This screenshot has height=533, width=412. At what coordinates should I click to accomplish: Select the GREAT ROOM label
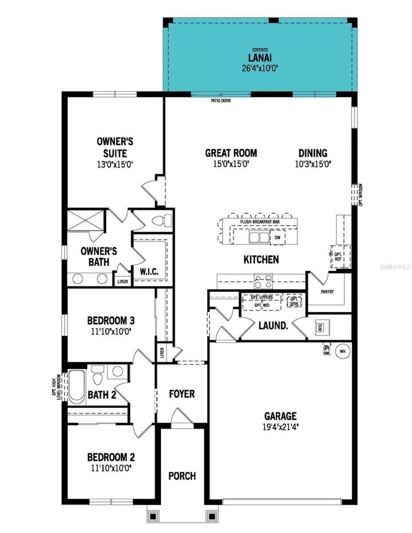231,153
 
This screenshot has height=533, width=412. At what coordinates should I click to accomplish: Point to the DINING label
312,153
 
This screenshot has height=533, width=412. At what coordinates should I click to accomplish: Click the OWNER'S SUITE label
112,148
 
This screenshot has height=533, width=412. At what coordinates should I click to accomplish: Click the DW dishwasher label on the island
278,237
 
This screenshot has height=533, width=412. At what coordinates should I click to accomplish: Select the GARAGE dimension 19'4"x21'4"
281,426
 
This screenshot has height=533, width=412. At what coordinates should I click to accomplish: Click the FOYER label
182,394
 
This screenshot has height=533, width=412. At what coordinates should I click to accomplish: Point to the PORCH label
182,476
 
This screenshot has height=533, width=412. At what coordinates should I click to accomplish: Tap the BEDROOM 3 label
111,320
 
